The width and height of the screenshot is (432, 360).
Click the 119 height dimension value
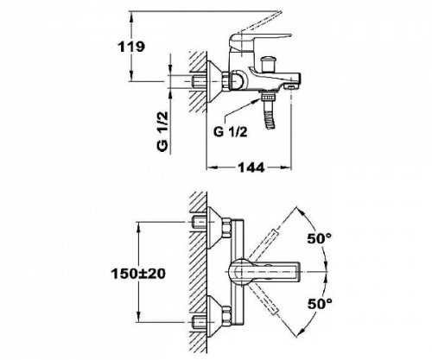coord(131,47)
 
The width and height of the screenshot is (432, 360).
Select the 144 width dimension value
coord(251,167)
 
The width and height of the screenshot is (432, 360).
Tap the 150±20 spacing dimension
coord(138,274)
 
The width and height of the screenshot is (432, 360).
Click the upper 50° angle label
coord(320,238)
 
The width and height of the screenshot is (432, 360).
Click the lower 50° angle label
coord(320,303)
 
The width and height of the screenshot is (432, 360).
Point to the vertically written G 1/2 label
coord(163,131)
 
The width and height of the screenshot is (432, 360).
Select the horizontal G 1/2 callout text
coord(231,132)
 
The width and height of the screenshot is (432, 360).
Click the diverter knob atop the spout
coord(266,65)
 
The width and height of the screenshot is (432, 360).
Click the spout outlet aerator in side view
coord(291,86)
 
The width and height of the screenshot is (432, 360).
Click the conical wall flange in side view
coord(214,82)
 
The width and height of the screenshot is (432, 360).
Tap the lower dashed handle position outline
coord(263,300)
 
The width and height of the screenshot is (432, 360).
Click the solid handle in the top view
coord(264,272)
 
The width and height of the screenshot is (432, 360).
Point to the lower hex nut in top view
coord(227,316)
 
